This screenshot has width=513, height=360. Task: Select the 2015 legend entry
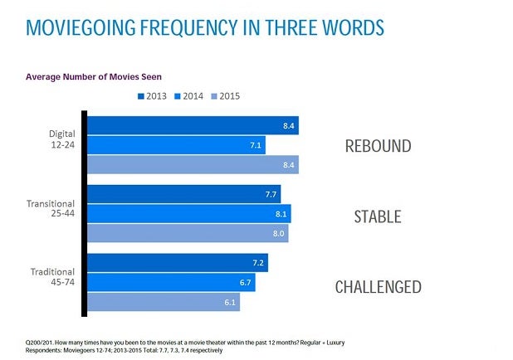(x=229, y=96)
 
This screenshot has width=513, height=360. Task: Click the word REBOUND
(x=378, y=146)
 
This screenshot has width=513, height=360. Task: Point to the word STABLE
(x=378, y=217)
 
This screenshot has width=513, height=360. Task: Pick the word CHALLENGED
(x=378, y=288)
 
